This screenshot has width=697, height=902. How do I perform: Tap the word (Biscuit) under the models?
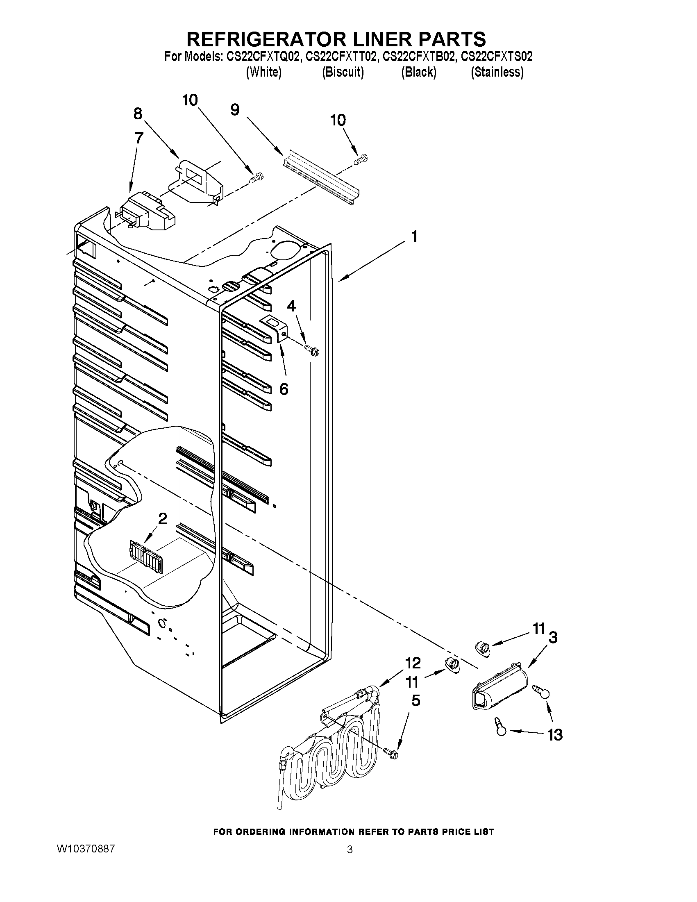pos(343,72)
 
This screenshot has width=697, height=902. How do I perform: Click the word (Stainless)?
pos(497,72)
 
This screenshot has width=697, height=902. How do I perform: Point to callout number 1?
pos(414,236)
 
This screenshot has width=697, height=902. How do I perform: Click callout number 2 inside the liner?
pos(163,518)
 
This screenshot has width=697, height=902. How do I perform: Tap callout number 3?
pos(552,638)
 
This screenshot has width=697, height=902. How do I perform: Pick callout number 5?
pos(415,700)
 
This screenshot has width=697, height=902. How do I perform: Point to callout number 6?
pos(284,389)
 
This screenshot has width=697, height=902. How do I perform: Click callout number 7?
pos(139,138)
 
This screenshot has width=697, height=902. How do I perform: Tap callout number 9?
pos(234,110)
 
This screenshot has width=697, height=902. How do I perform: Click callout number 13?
pos(555,735)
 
